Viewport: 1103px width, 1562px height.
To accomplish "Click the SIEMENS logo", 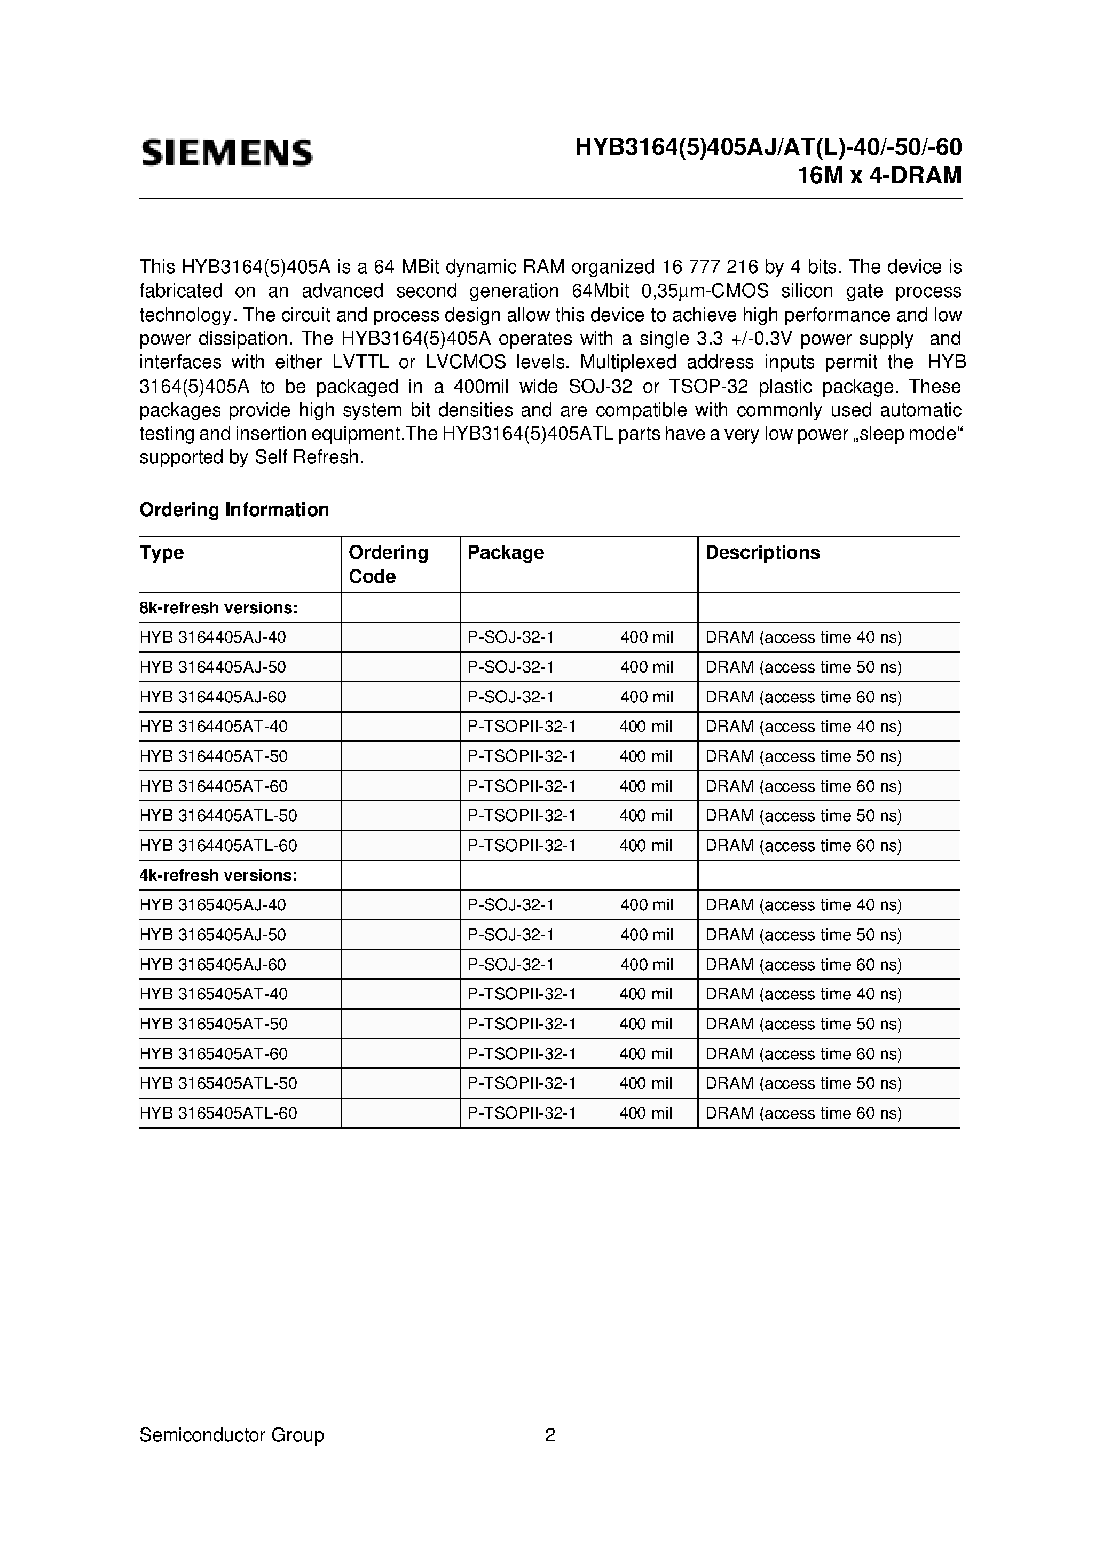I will pos(226,153).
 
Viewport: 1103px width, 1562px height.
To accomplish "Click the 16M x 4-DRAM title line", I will pos(879,176).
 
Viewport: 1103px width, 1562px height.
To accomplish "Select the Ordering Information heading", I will pos(234,510).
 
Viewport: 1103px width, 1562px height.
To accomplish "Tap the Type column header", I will pos(162,552).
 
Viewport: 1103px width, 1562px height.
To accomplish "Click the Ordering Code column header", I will pos(388,564).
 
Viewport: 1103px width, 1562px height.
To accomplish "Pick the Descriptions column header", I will pos(762,552).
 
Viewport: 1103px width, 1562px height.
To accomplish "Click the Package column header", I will pos(505,552).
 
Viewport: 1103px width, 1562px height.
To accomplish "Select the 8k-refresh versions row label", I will pos(218,607).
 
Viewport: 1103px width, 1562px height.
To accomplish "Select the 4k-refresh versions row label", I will pos(218,875).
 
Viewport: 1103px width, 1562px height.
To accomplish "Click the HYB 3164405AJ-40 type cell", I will pos(213,637).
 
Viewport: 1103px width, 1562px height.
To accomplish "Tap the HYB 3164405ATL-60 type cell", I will pos(218,846).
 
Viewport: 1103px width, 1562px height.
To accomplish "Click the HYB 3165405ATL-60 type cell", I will pos(218,1113).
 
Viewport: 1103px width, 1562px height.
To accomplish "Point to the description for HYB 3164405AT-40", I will pos(803,727).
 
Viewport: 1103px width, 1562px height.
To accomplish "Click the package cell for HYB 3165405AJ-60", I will pos(570,965).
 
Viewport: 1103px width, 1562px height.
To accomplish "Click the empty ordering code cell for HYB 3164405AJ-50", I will pos(400,667).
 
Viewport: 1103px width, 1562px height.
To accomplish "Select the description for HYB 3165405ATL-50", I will pos(803,1083).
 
